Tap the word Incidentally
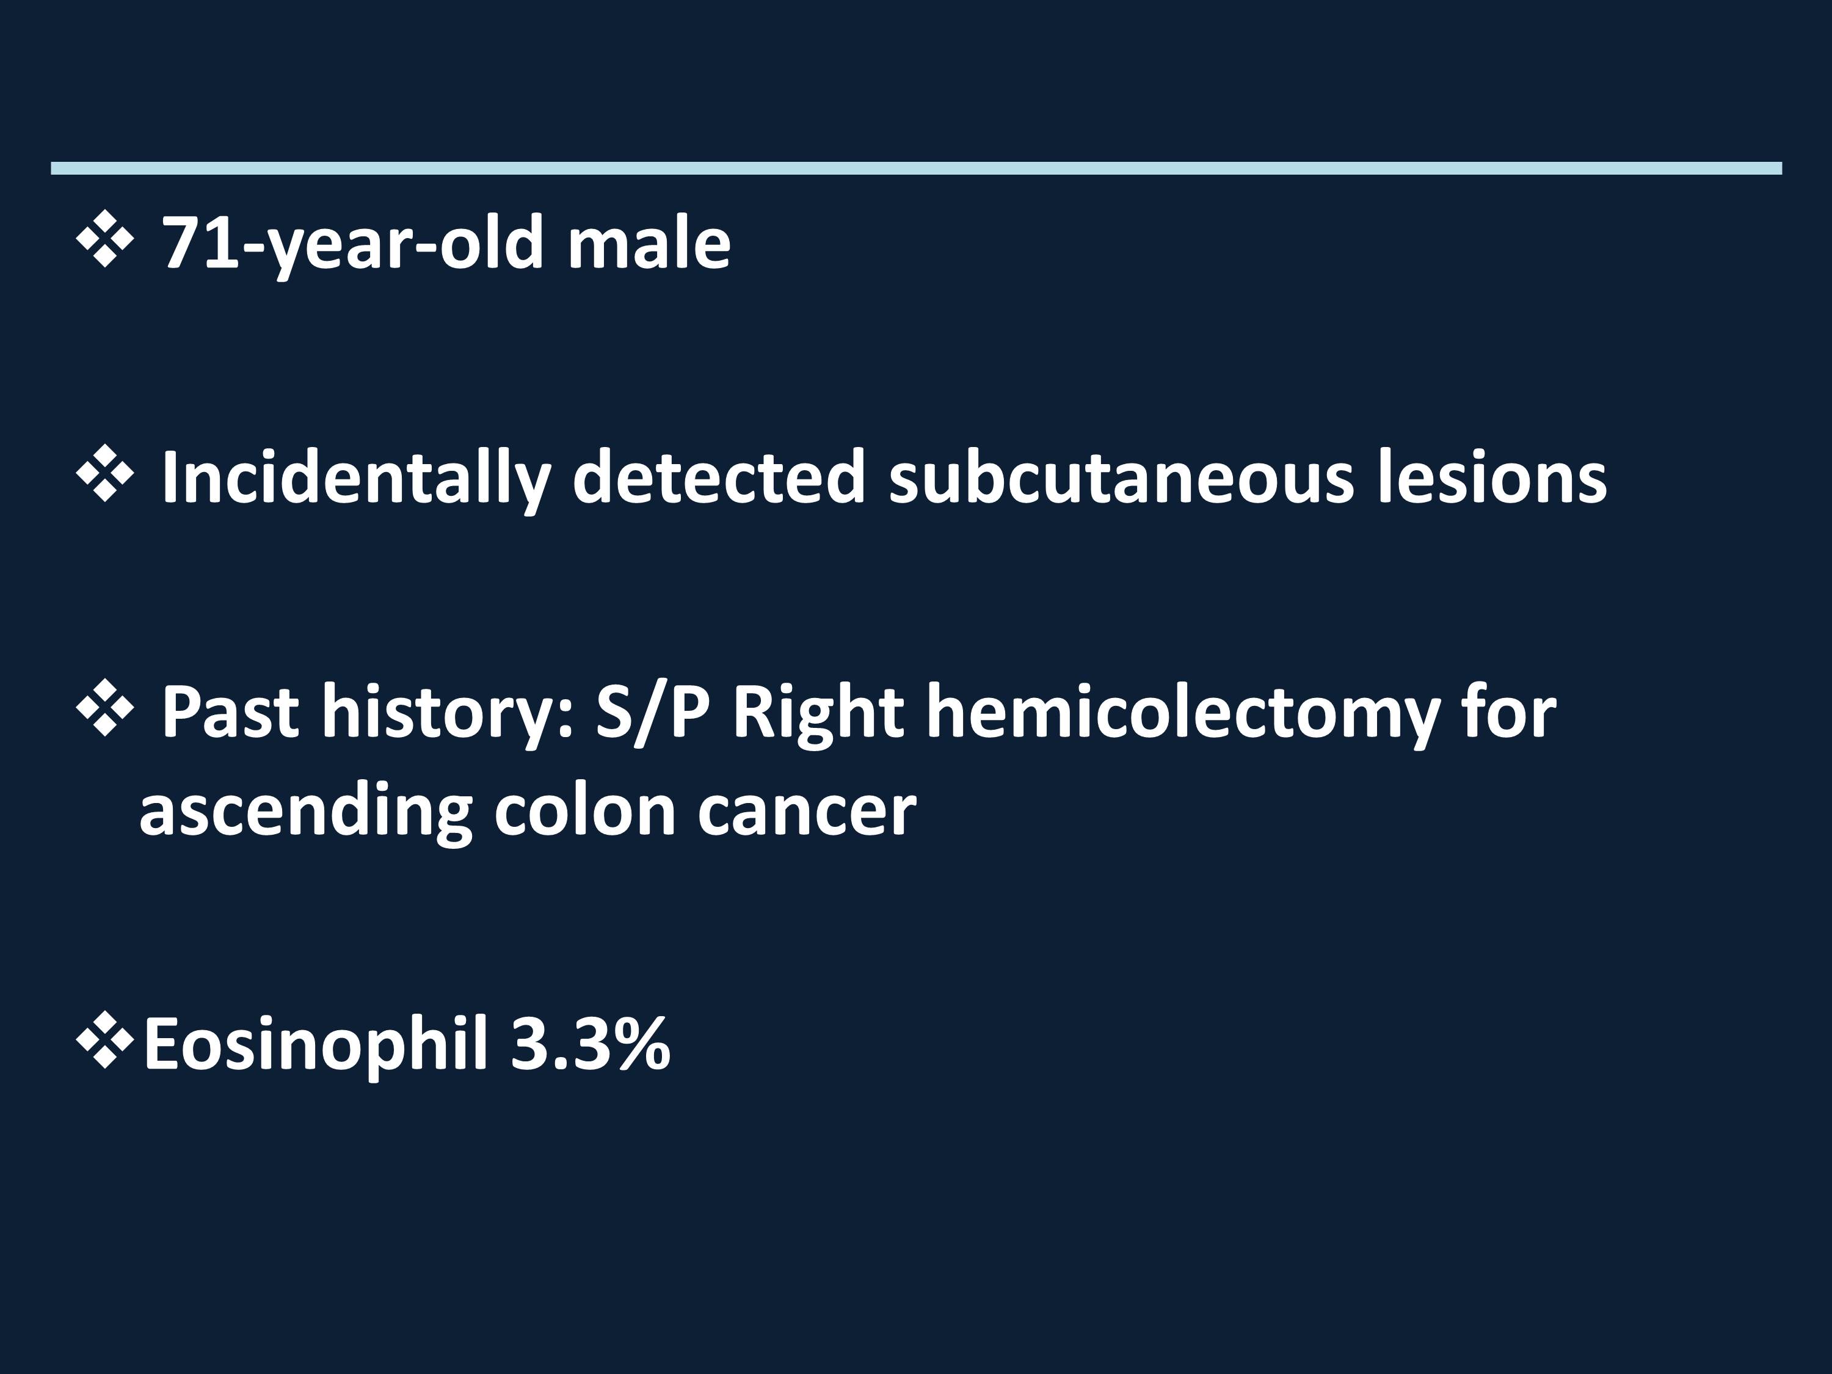(x=356, y=478)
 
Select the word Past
(x=230, y=711)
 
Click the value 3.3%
(x=591, y=1044)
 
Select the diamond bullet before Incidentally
(x=105, y=474)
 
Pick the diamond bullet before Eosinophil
(x=105, y=1040)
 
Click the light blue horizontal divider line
(x=916, y=168)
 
